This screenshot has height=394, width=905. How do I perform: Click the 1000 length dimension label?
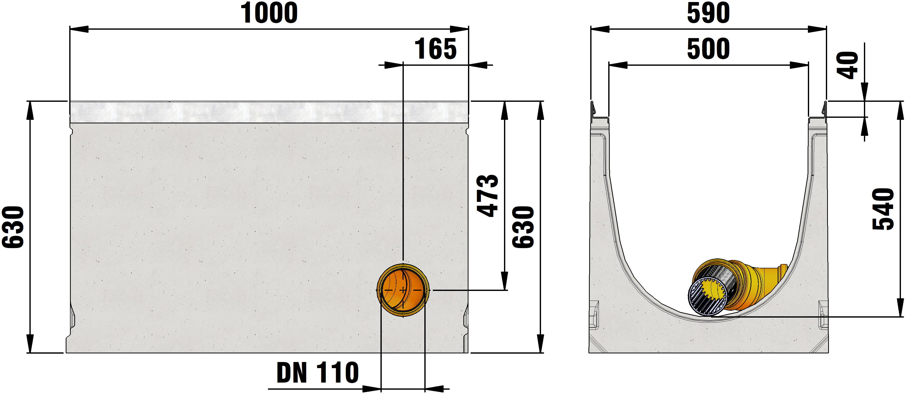269,13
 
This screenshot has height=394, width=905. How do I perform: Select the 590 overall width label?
708,13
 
